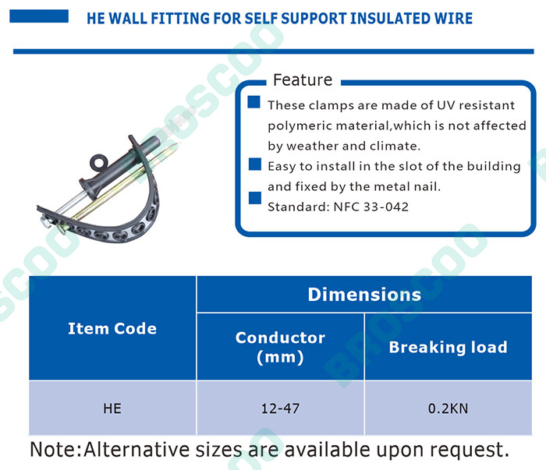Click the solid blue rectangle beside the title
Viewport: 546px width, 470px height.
pyautogui.click(x=39, y=16)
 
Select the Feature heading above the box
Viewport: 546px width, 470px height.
pyautogui.click(x=303, y=80)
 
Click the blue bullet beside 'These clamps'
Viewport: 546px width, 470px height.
pyautogui.click(x=253, y=102)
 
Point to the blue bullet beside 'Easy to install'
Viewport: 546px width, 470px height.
pyautogui.click(x=255, y=164)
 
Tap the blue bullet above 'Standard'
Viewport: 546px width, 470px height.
pyautogui.click(x=255, y=198)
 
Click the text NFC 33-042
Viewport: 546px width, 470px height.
pyautogui.click(x=370, y=207)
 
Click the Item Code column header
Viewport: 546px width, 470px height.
pyautogui.click(x=112, y=328)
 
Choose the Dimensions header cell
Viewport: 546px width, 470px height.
pyautogui.click(x=364, y=295)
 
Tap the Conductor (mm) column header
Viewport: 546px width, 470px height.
pyautogui.click(x=280, y=347)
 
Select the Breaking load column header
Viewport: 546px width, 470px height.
pyautogui.click(x=448, y=347)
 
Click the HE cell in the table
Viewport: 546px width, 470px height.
pyautogui.click(x=112, y=408)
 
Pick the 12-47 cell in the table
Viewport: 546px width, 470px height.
pyautogui.click(x=280, y=408)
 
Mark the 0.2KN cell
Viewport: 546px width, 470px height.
pyautogui.click(x=448, y=408)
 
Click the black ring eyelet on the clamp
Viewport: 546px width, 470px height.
pyautogui.click(x=98, y=162)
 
